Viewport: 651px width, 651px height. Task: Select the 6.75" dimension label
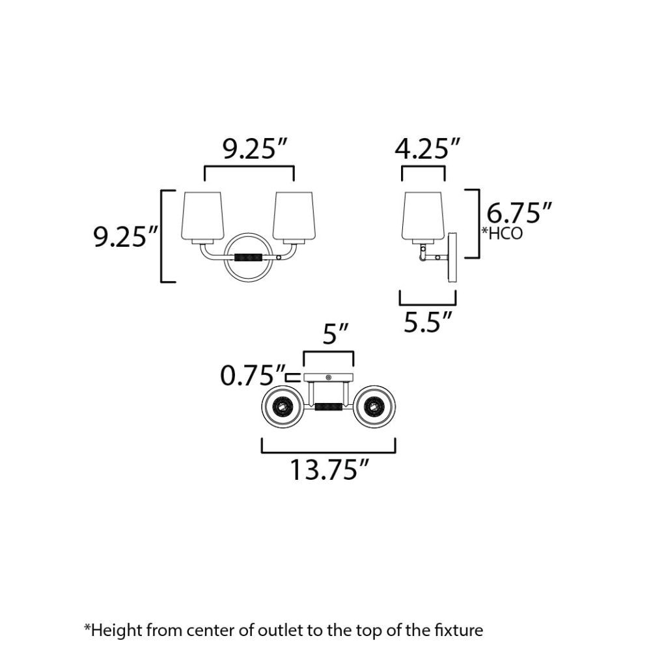(519, 214)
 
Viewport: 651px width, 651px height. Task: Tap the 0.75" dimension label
(253, 376)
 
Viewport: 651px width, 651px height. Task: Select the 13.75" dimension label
(329, 469)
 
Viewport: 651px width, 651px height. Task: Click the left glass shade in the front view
(202, 217)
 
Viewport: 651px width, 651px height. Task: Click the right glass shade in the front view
(294, 217)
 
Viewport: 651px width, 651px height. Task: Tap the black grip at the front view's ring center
(248, 257)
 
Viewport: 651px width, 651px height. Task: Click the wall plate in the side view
(452, 257)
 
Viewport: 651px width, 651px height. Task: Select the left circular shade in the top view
(283, 406)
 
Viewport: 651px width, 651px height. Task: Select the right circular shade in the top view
(374, 406)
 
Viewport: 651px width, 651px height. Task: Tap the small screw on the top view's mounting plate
(328, 378)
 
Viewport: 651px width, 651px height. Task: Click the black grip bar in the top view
(328, 406)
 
